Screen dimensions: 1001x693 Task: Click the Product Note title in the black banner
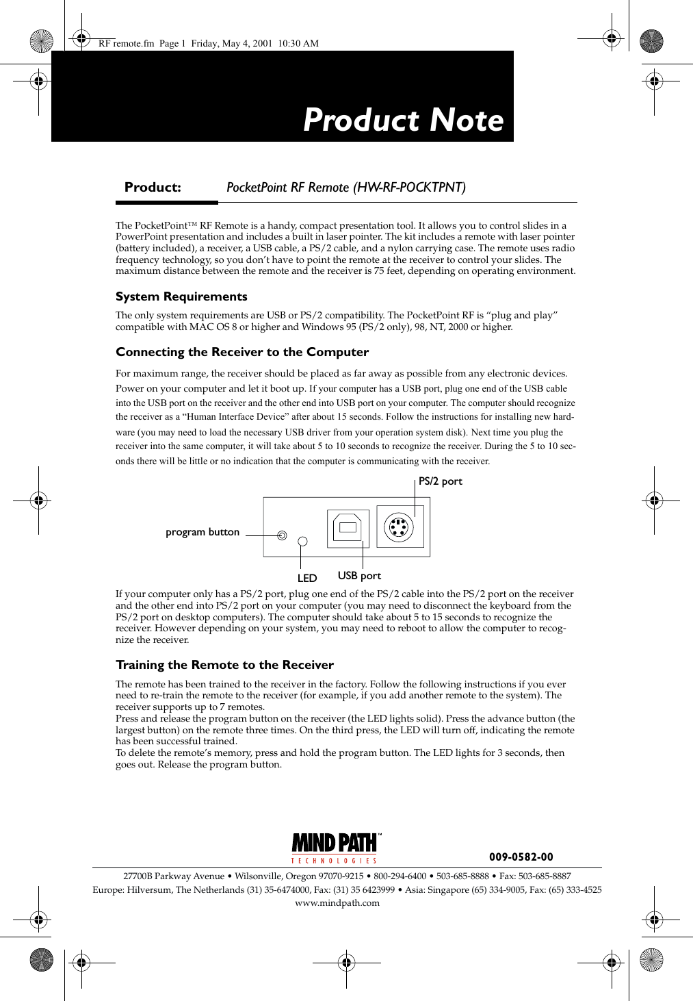[403, 120]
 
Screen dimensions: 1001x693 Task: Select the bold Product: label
[153, 188]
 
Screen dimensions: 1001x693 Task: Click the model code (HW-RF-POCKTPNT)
[409, 188]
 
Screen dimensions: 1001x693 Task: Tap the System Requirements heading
[181, 296]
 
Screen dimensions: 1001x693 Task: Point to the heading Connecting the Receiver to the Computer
[242, 352]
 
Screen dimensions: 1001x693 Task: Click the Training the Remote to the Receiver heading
[224, 665]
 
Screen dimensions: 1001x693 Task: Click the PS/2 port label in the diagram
[440, 481]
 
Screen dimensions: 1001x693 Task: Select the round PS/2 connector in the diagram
[400, 527]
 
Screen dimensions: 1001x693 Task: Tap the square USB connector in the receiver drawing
[348, 527]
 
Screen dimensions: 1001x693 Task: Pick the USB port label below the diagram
[359, 576]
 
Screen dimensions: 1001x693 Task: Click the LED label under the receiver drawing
[307, 578]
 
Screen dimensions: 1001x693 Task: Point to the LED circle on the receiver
[302, 542]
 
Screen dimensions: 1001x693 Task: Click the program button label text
[202, 532]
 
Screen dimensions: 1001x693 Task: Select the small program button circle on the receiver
[282, 535]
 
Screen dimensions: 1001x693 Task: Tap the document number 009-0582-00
[521, 857]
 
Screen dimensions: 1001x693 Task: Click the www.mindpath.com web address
[337, 903]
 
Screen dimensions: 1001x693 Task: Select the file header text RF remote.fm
[127, 43]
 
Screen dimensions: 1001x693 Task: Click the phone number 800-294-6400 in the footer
[400, 876]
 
